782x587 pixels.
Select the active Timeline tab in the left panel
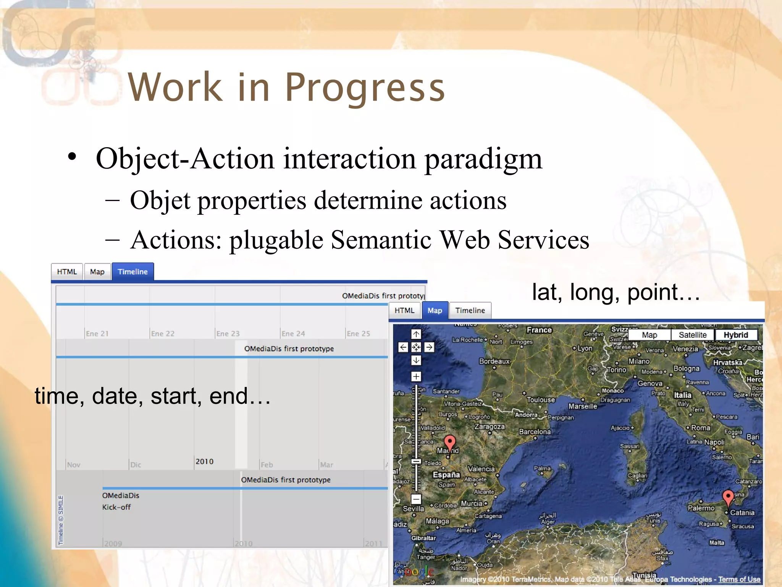(x=132, y=272)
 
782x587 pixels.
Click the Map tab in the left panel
(x=97, y=272)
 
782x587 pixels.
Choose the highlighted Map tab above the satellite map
(x=435, y=310)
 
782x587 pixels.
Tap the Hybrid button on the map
(x=735, y=335)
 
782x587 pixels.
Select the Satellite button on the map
(x=692, y=335)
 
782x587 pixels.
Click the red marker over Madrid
(x=450, y=442)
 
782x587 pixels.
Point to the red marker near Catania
(x=728, y=496)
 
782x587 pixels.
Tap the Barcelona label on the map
(x=535, y=431)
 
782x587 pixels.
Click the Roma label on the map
(x=701, y=428)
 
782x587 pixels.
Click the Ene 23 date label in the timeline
(x=228, y=334)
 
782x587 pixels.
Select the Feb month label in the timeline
(x=267, y=465)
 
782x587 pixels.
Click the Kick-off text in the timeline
(x=116, y=507)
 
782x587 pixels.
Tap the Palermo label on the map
(x=701, y=508)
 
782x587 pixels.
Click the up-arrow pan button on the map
(x=416, y=334)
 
